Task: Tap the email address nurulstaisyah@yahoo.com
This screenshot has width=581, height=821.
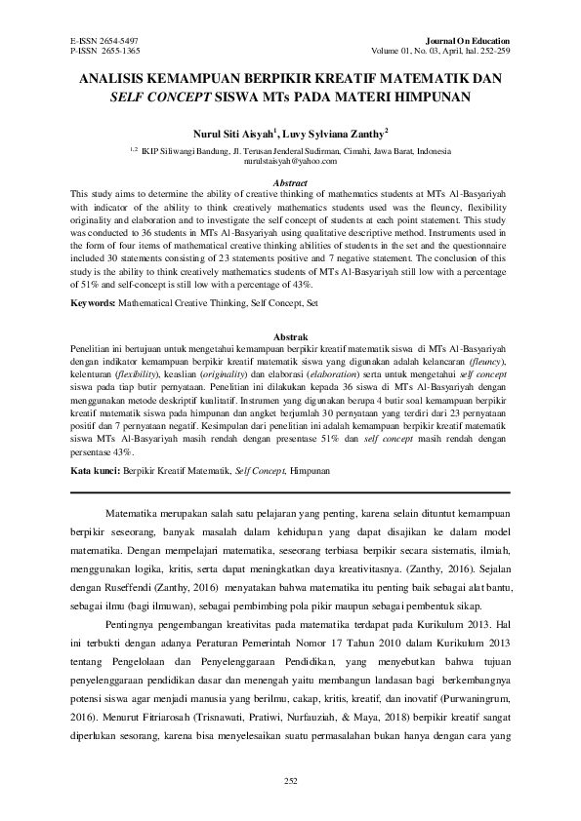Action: (289, 162)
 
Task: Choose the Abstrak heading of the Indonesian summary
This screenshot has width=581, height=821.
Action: (289, 335)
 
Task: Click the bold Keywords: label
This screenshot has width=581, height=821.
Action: (94, 317)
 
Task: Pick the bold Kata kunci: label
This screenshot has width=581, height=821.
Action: (95, 470)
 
